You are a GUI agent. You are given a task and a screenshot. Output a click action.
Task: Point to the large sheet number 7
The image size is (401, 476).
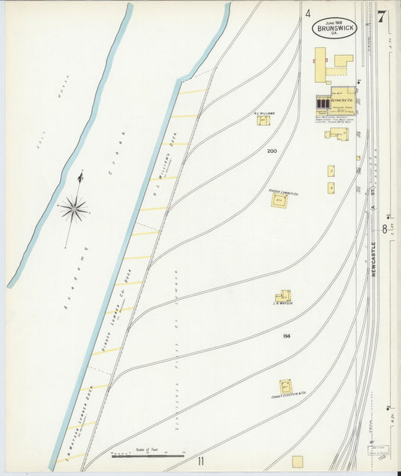pyautogui.click(x=381, y=17)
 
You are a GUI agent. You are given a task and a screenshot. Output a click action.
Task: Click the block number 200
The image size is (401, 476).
pyautogui.click(x=272, y=151)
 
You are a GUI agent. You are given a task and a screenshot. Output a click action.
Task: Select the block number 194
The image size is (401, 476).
pyautogui.click(x=287, y=335)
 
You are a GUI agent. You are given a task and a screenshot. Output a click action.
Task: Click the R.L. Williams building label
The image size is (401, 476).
pyautogui.click(x=264, y=114)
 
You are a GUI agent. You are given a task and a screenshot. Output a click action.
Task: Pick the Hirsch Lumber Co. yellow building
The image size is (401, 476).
pyautogui.click(x=279, y=201)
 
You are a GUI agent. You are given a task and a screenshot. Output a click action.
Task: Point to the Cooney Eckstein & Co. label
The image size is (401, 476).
pyautogui.click(x=288, y=394)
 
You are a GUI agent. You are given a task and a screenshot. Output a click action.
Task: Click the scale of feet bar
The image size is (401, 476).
pyautogui.click(x=147, y=455)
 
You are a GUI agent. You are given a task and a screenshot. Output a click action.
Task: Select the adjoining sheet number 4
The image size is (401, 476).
pyautogui.click(x=308, y=13)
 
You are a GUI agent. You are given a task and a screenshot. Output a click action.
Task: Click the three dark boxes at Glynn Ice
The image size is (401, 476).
pyautogui.click(x=323, y=102)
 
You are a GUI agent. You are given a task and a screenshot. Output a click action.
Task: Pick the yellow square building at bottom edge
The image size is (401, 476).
pyautogui.click(x=297, y=461)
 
